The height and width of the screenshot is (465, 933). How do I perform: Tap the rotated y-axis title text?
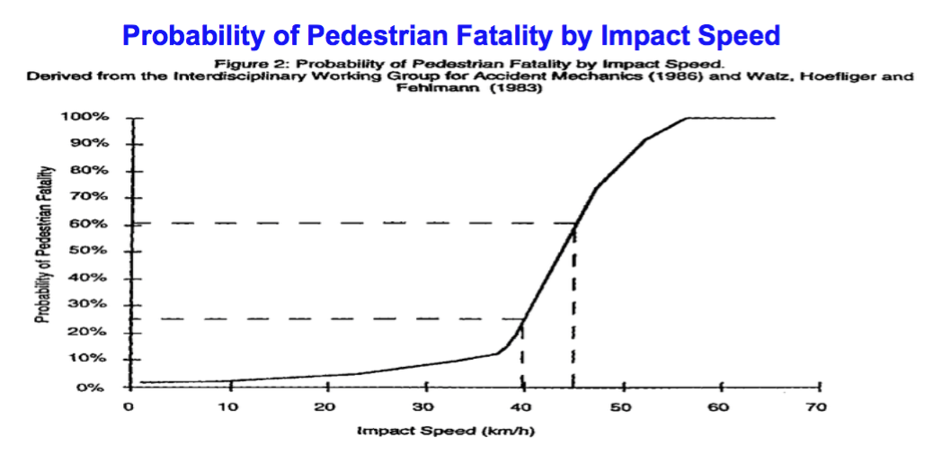[x=41, y=244]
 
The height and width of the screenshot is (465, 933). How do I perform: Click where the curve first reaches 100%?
[x=687, y=118]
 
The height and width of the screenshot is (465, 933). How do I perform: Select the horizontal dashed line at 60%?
[x=360, y=222]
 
